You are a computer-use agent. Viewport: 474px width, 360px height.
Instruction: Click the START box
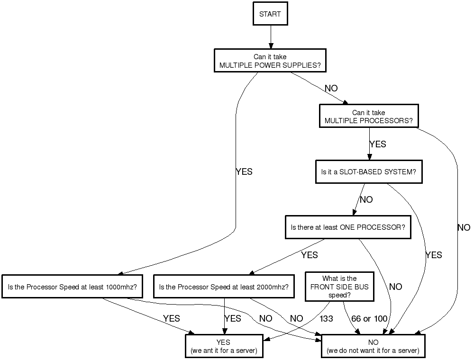click(270, 14)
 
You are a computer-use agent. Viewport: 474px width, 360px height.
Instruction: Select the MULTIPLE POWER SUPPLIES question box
click(270, 61)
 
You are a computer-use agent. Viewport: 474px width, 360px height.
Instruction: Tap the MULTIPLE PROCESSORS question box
click(369, 117)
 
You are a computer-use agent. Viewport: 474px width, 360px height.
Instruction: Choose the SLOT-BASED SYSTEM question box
click(369, 172)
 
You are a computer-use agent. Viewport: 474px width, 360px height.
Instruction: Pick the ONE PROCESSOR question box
click(348, 227)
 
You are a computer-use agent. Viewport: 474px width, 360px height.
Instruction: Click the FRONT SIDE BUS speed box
click(339, 287)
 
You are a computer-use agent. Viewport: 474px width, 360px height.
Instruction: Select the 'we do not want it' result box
click(373, 346)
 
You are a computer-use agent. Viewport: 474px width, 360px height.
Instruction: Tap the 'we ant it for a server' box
click(223, 346)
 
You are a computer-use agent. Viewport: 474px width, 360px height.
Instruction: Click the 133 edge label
click(326, 319)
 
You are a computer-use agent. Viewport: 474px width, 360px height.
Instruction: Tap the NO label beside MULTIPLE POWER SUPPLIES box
click(331, 89)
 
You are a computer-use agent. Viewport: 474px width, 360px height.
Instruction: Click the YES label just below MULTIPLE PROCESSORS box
click(378, 144)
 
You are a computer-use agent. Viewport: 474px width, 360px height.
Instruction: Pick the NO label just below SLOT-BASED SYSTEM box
click(366, 200)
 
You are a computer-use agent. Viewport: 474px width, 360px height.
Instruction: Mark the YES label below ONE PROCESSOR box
click(310, 255)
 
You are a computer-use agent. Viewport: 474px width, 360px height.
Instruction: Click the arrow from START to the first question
click(271, 37)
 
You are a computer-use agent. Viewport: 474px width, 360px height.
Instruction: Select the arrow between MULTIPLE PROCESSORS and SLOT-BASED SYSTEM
click(369, 147)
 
